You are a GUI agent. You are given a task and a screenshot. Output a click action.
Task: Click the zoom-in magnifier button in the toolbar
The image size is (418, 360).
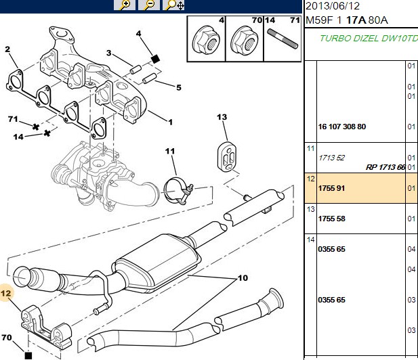(124, 5)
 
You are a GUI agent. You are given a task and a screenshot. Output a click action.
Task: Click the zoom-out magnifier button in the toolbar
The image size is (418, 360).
(149, 5)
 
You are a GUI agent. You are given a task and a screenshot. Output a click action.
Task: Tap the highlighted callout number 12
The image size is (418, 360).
(6, 294)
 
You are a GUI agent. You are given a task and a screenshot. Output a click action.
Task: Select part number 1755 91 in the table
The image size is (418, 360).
(331, 188)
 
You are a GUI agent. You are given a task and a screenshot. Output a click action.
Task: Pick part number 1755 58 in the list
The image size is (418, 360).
(331, 219)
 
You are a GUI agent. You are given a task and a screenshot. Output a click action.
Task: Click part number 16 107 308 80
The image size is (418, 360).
(341, 127)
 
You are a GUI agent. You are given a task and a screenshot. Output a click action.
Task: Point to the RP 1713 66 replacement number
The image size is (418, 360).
(385, 167)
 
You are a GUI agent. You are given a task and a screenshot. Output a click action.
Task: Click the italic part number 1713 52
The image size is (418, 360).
(332, 158)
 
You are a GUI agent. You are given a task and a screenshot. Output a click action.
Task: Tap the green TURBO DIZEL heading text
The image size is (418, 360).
(369, 39)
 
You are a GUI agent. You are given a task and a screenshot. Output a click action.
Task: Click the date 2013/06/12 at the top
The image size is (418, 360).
(333, 6)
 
